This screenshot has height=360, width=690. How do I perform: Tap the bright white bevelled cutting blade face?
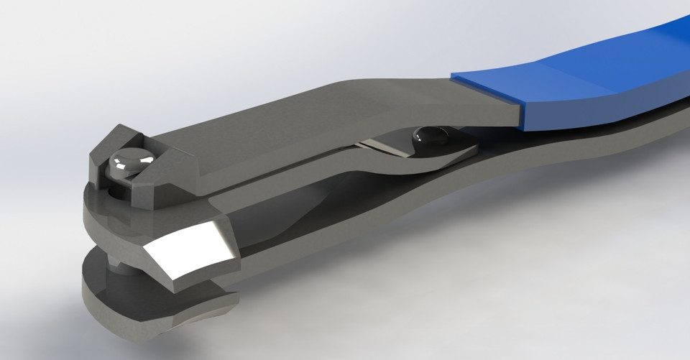(x=191, y=255)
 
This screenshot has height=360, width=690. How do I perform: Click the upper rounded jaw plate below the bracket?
(x=115, y=216)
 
